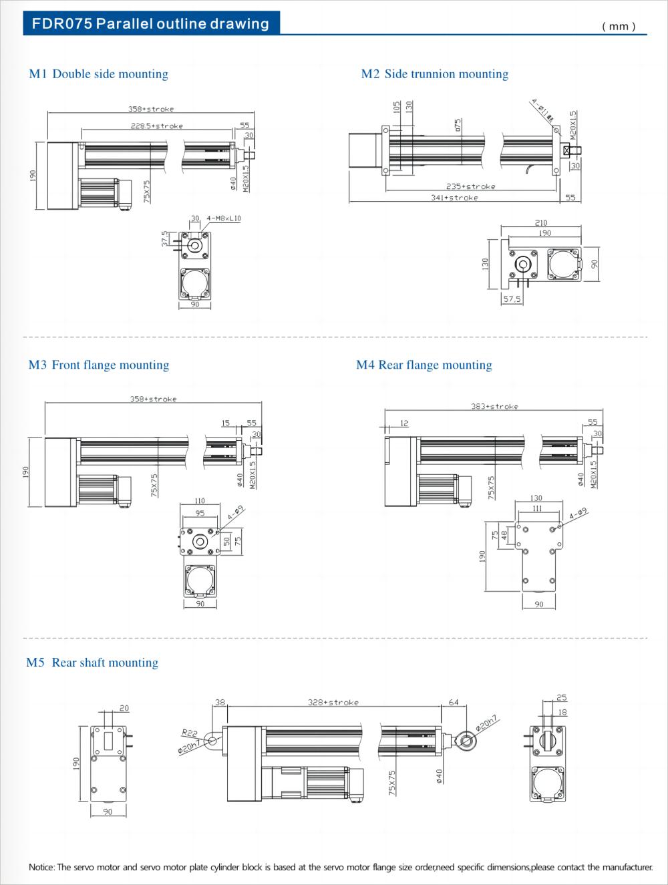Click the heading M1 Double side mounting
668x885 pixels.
tap(98, 74)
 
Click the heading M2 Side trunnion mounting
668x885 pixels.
tap(434, 74)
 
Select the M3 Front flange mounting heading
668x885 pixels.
tap(98, 365)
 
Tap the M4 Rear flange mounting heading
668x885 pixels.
tap(424, 365)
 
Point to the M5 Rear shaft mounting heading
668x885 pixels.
tap(92, 663)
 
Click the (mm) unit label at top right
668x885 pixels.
tap(619, 26)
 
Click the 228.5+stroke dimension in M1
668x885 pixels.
tap(156, 126)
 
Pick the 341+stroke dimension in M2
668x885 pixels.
tap(454, 198)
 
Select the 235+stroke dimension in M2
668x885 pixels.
tap(470, 186)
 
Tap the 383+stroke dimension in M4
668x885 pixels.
tap(494, 406)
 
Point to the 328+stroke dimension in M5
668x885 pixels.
tap(333, 703)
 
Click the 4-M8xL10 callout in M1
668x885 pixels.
tap(224, 218)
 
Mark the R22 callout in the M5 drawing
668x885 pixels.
tap(189, 733)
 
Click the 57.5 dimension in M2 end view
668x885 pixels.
tap(512, 299)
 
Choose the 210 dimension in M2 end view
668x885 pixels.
tap(541, 223)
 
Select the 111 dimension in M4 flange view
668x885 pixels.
tap(537, 508)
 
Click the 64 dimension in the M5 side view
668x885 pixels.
tap(454, 703)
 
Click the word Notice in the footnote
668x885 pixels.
tap(41, 867)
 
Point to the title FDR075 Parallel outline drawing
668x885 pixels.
tap(150, 24)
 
